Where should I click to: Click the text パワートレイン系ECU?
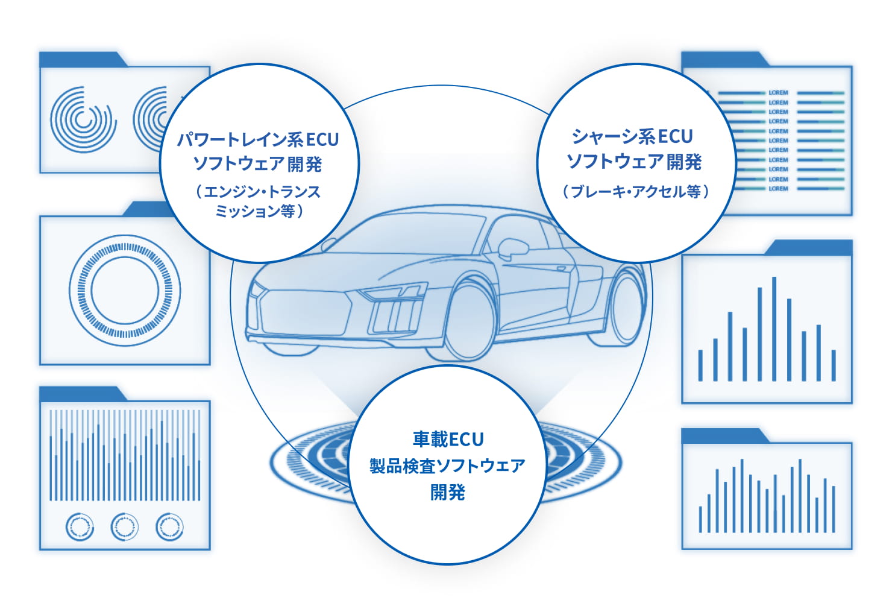(x=258, y=140)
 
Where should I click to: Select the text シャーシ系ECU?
(x=633, y=137)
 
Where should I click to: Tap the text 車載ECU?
(x=448, y=439)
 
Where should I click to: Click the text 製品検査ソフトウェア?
(x=448, y=466)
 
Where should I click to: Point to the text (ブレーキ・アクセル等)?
(x=636, y=192)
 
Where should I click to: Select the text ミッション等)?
(x=259, y=212)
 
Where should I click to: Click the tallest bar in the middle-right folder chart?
(x=774, y=329)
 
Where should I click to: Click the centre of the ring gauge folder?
(x=125, y=290)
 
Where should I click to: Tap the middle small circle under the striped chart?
(x=125, y=527)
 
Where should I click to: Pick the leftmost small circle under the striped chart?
(x=80, y=527)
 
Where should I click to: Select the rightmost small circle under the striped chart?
(x=169, y=527)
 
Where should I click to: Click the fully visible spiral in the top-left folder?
(x=83, y=119)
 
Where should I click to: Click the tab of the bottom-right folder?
(x=723, y=435)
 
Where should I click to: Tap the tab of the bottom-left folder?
(x=81, y=394)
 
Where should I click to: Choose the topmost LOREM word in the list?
(x=778, y=93)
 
